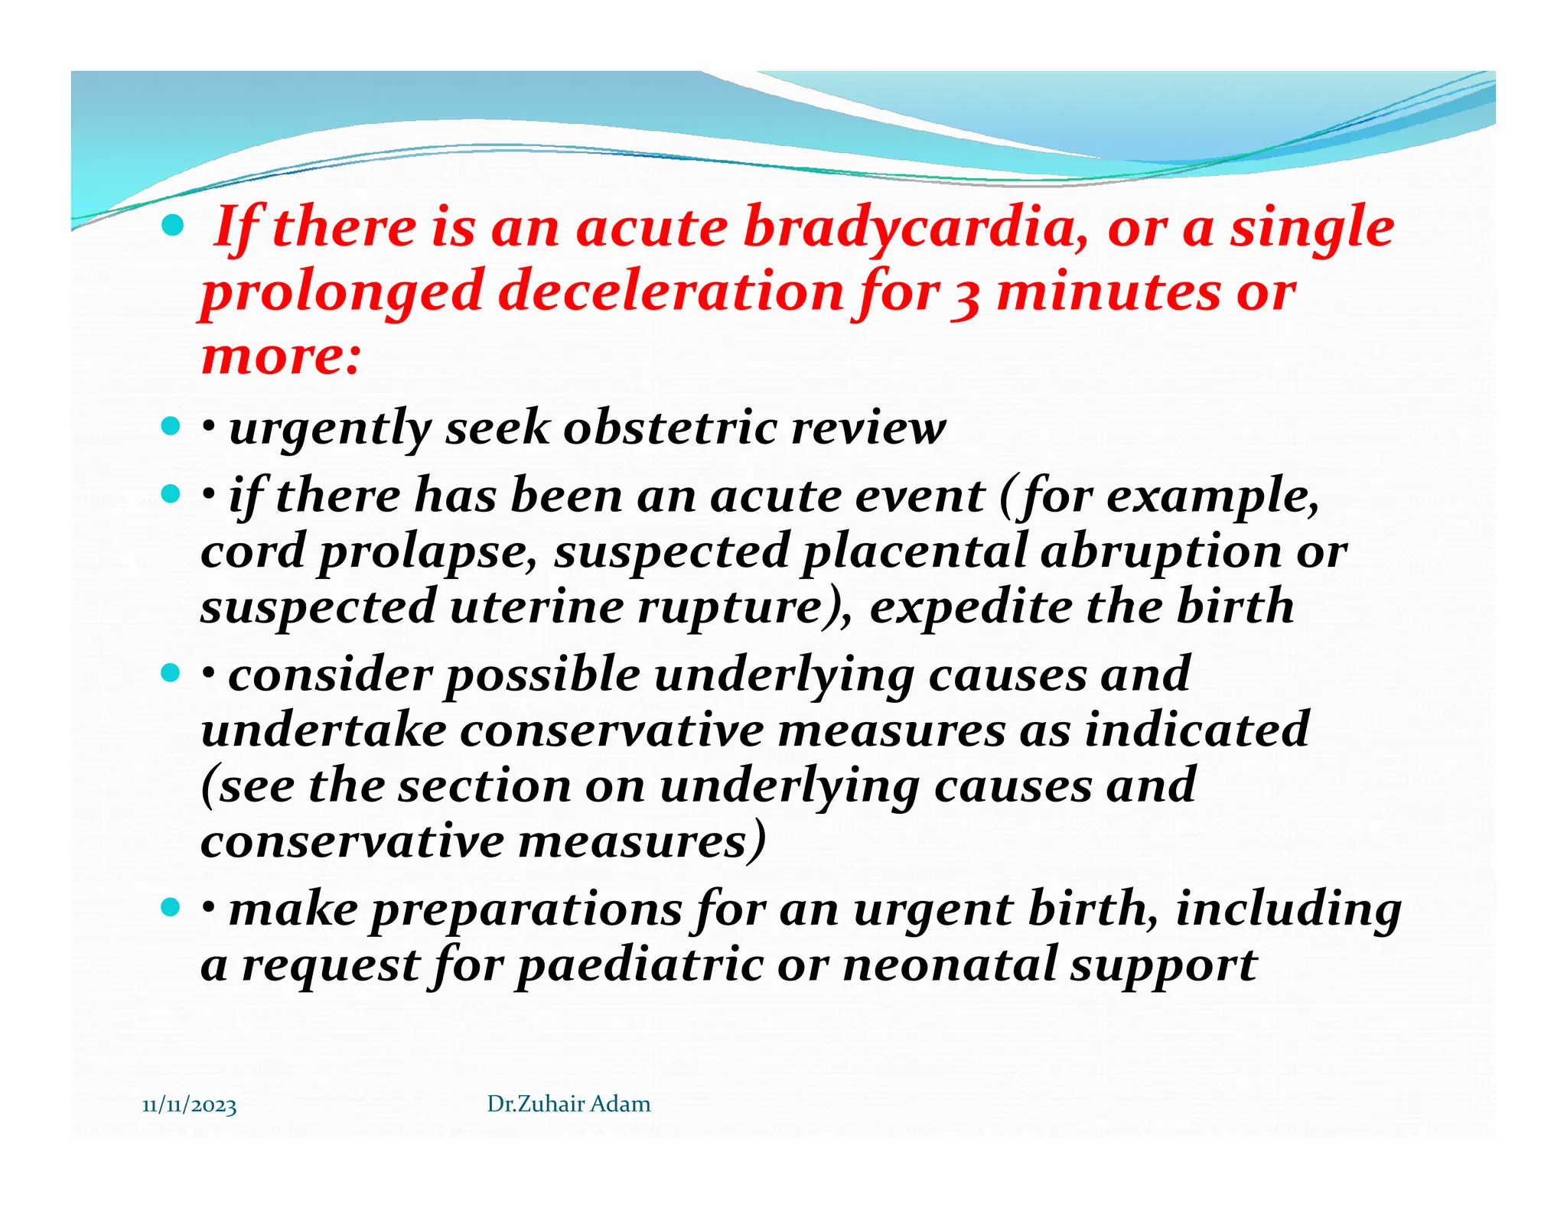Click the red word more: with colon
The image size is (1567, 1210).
[x=280, y=356]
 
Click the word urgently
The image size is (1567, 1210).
[x=330, y=428]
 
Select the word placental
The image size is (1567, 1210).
[x=914, y=551]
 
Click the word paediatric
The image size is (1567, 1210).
[x=640, y=965]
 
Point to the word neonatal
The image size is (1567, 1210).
[x=949, y=964]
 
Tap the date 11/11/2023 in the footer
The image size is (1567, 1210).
[x=190, y=1105]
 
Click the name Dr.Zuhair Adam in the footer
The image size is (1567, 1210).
[x=568, y=1104]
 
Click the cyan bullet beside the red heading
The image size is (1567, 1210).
[x=173, y=226]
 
